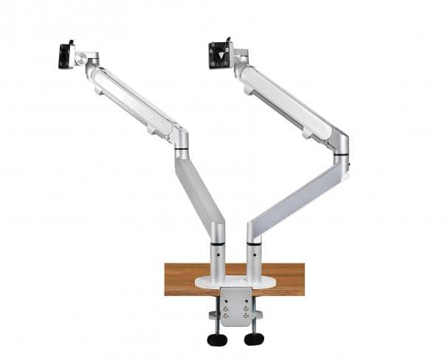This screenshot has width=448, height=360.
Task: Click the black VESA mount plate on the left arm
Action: pos(66,56)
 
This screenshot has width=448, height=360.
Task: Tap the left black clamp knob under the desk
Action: pos(216,339)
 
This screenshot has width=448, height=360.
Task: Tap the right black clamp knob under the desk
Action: pos(254,339)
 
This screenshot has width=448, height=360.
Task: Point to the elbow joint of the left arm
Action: pos(180,140)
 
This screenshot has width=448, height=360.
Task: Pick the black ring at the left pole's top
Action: pos(218,243)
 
